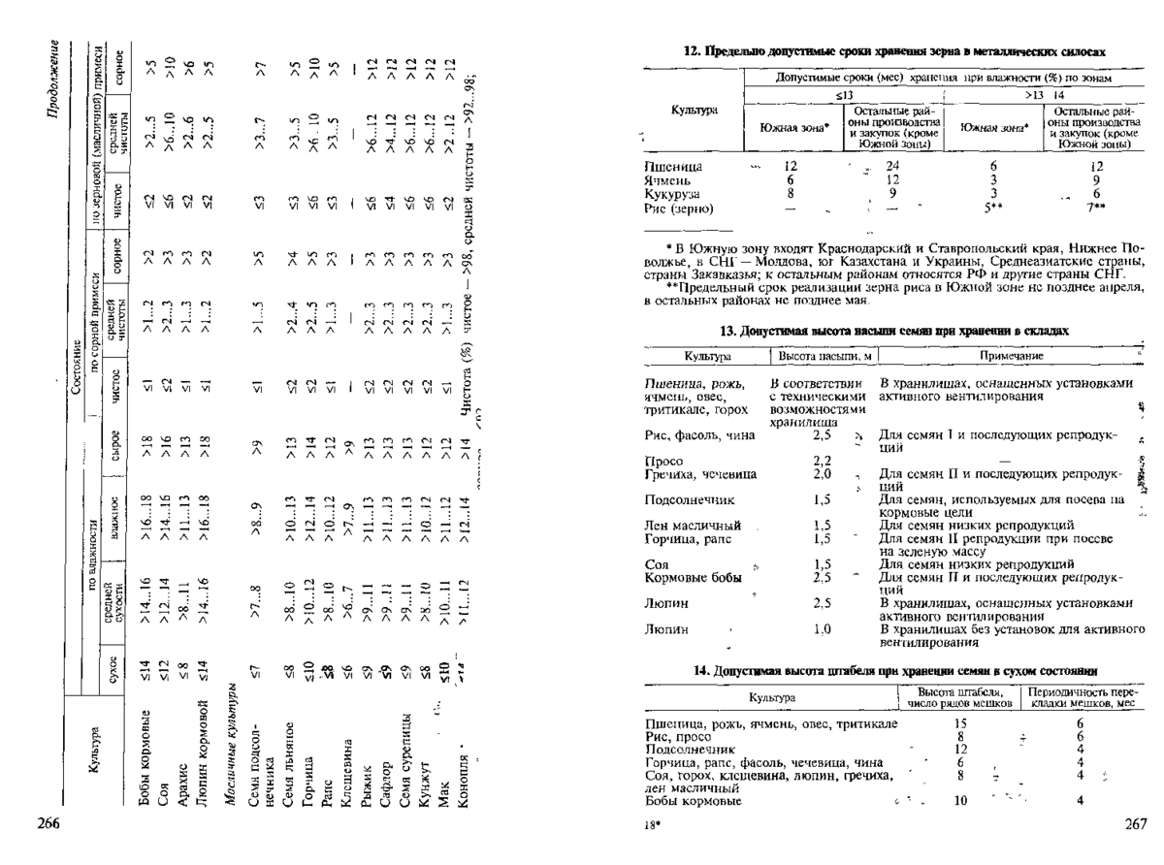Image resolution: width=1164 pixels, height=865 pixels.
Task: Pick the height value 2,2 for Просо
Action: [824, 460]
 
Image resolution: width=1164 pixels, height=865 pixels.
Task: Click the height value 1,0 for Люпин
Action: [824, 630]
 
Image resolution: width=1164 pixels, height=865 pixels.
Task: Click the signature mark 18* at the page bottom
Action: [652, 825]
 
